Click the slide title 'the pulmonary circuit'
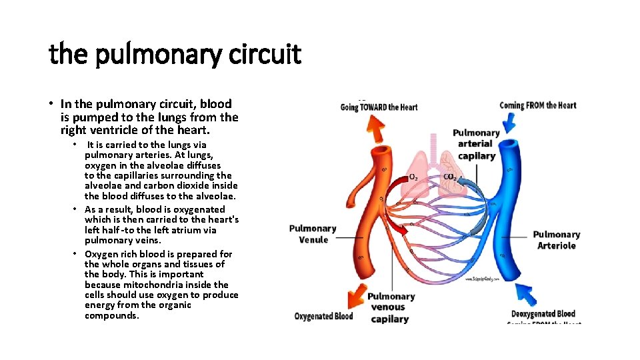pos(175,54)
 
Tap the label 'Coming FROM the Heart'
pos(537,105)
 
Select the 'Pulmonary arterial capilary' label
pos(476,144)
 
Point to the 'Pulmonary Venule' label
pos(313,234)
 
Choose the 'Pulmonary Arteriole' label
pos(556,240)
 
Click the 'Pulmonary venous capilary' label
pos(391,307)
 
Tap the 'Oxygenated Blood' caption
pos(323,316)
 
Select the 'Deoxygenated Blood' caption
pos(543,314)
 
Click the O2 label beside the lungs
pos(413,177)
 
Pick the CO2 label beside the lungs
pos(451,177)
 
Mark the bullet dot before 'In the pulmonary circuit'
pos(51,104)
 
